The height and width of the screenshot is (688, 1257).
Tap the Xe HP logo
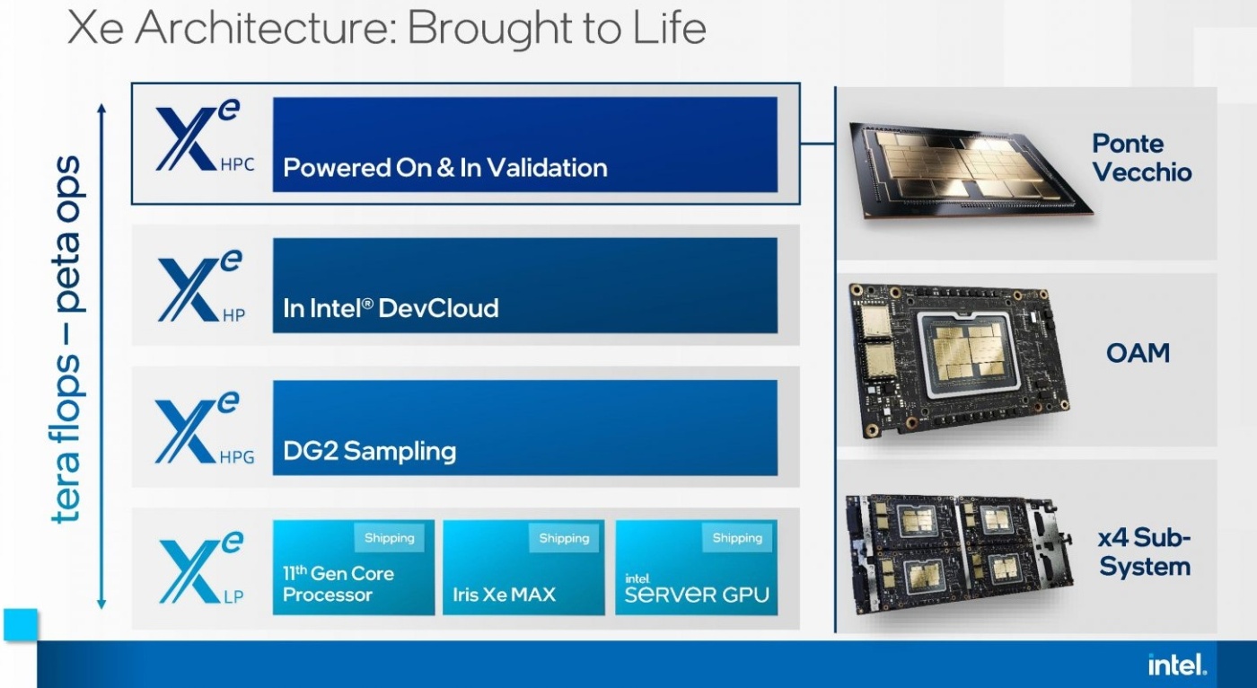[202, 287]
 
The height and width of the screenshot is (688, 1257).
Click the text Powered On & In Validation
[445, 168]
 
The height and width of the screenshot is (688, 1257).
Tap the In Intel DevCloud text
[391, 308]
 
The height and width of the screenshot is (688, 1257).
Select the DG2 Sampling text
[369, 451]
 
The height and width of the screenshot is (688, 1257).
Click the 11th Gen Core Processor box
[354, 568]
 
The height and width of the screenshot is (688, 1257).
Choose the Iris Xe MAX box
[523, 568]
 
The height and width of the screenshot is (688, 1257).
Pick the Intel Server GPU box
[697, 568]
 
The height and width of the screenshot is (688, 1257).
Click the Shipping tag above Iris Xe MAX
[564, 538]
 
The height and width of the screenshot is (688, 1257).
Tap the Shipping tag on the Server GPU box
[737, 538]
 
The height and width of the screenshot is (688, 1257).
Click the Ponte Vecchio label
[1141, 158]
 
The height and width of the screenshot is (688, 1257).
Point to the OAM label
[1138, 353]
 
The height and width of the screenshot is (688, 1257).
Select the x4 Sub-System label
[1145, 551]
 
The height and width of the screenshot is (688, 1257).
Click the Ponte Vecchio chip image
[970, 170]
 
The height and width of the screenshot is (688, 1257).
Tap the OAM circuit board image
[959, 360]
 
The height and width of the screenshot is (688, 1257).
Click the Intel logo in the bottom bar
[1177, 665]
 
